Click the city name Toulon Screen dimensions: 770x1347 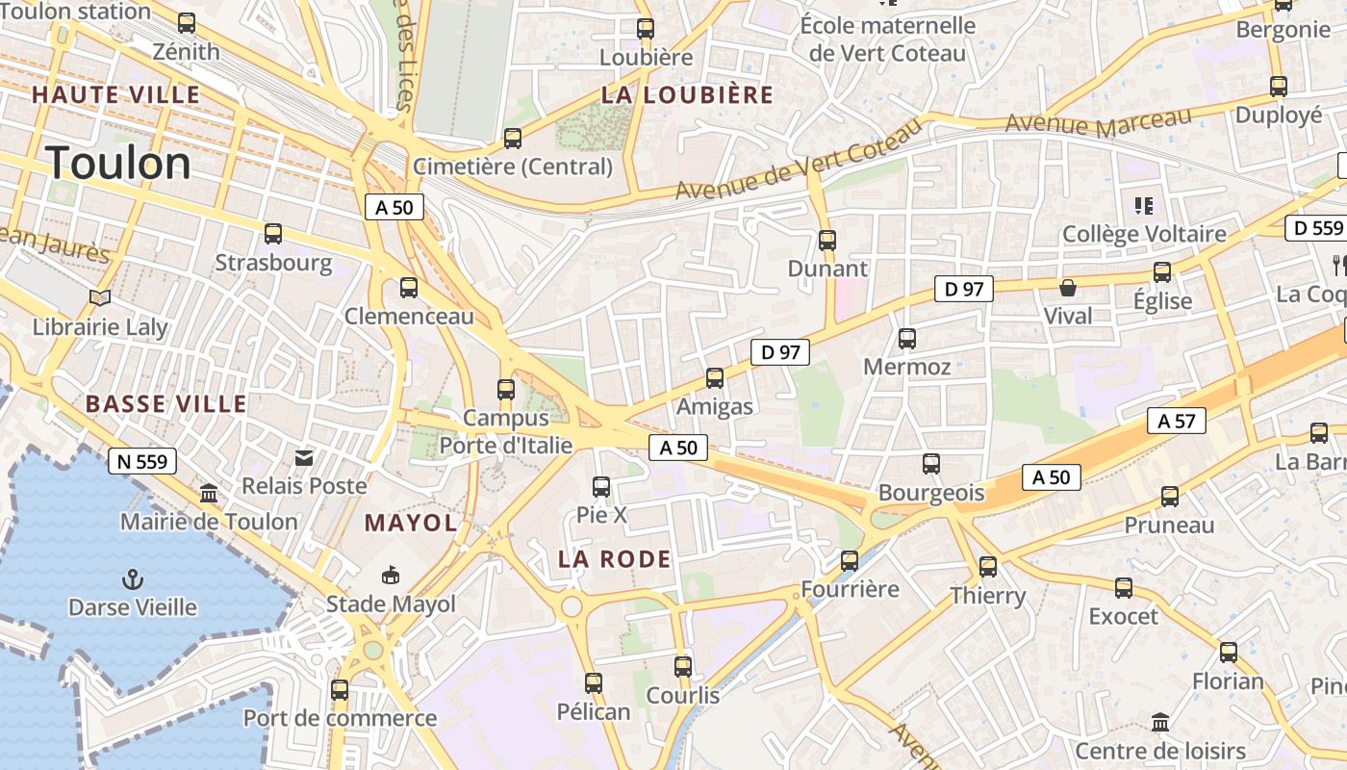click(118, 163)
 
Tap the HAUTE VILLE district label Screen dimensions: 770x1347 click(115, 94)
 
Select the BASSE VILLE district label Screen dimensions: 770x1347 click(165, 403)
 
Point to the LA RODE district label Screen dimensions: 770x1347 click(615, 559)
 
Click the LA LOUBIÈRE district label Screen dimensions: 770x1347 click(687, 94)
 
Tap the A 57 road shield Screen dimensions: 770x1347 click(1176, 421)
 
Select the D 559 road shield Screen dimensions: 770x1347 click(1313, 228)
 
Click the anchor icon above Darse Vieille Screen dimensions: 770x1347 click(133, 578)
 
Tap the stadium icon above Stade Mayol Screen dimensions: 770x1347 click(391, 576)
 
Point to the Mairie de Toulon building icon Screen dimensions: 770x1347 click(208, 494)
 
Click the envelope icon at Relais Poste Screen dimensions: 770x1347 click(304, 458)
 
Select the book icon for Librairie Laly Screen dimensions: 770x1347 click(100, 298)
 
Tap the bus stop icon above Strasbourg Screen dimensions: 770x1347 click(273, 234)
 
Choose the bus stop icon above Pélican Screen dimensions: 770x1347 click(594, 683)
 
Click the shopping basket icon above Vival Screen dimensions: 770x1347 click(1067, 288)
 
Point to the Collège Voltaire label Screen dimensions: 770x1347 click(1144, 234)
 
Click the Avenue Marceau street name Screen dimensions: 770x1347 click(1098, 123)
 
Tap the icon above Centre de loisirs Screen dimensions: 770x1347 click(1160, 722)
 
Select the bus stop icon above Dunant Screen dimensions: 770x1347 click(826, 241)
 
